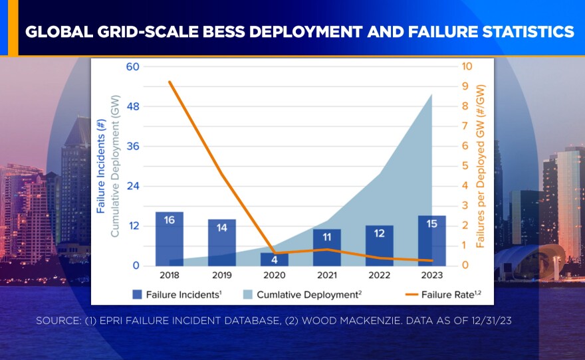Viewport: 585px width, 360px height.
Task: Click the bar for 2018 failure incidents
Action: pos(170,239)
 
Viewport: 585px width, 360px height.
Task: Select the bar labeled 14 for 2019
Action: pos(222,242)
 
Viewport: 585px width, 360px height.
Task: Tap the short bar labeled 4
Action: pos(275,259)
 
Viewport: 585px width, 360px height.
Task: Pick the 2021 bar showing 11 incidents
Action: pos(327,247)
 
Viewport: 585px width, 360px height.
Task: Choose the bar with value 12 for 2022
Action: pos(380,246)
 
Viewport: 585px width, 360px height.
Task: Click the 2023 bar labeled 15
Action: pos(432,240)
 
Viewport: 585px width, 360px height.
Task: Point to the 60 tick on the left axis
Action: pos(132,66)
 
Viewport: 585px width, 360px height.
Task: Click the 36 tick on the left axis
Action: pos(132,146)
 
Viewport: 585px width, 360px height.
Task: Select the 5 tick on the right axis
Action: pos(466,166)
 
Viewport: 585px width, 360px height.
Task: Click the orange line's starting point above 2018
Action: pos(170,82)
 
